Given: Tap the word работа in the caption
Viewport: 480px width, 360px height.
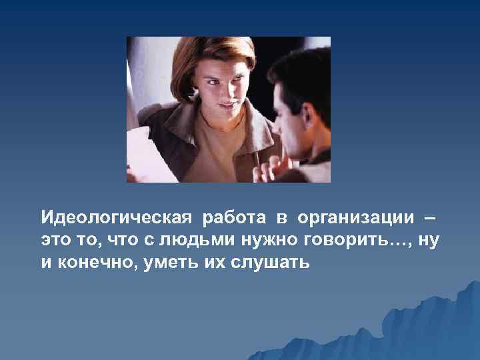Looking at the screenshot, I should click(227, 218).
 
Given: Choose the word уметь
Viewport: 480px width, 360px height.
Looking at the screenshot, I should click(154, 263).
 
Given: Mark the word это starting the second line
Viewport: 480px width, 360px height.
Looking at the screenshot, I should click(55, 241).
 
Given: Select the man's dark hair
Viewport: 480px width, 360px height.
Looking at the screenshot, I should click(300, 73).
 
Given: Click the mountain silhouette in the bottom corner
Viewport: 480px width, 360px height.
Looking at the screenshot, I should click(433, 333).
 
